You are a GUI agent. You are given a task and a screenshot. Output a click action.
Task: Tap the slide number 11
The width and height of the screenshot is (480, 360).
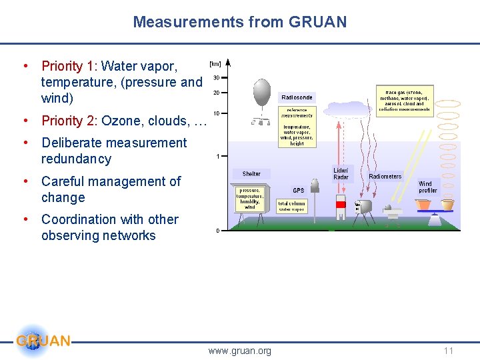click(449, 351)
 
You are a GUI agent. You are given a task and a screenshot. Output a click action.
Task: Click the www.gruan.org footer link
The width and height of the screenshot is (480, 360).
click(239, 351)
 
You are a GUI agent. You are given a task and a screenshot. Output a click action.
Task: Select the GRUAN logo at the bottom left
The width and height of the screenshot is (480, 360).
click(41, 341)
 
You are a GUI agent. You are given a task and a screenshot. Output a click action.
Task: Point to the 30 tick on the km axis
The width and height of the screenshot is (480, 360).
click(216, 78)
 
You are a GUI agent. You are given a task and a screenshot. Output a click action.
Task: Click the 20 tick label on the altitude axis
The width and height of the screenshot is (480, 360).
click(216, 93)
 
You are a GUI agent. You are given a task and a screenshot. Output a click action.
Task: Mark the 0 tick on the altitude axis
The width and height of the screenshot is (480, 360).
click(217, 231)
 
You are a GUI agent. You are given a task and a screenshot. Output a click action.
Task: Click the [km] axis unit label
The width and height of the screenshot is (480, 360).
click(215, 64)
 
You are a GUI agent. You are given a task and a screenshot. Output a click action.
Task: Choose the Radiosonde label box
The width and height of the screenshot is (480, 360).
click(297, 97)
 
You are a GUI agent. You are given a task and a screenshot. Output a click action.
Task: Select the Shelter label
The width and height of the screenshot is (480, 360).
click(251, 174)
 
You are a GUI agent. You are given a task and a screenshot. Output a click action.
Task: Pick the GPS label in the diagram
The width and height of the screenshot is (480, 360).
click(298, 191)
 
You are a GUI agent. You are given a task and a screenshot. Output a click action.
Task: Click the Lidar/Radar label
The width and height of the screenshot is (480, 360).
click(341, 174)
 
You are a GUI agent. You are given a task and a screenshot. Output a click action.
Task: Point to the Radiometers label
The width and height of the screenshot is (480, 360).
click(385, 177)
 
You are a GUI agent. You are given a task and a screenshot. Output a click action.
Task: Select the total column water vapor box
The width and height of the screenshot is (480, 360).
click(291, 207)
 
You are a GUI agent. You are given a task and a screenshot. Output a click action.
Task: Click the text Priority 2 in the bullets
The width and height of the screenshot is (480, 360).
click(69, 121)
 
